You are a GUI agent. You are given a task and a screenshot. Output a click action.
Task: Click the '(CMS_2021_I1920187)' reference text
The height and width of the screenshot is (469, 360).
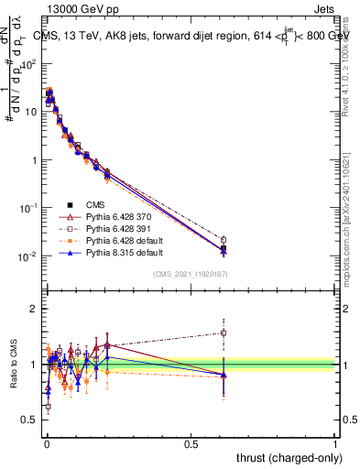pos(190,274)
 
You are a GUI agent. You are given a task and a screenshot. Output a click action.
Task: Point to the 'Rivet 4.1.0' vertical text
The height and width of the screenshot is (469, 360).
pos(352,87)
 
